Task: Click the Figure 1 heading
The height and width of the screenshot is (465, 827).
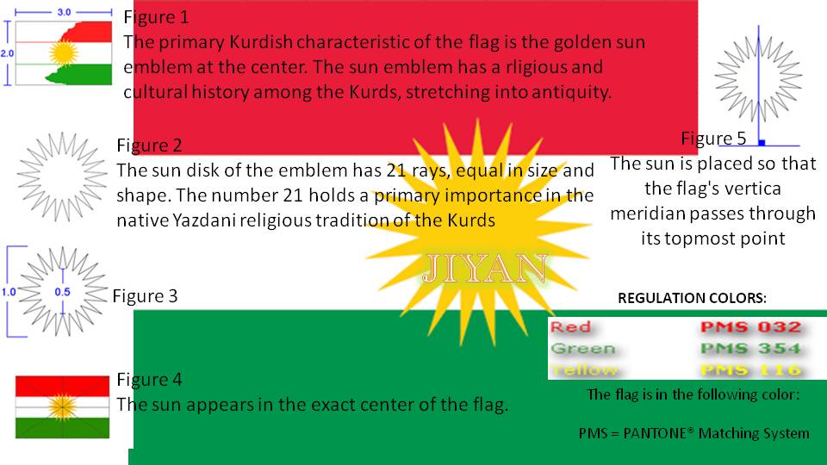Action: click(x=157, y=16)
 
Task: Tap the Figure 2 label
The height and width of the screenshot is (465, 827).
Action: click(x=149, y=145)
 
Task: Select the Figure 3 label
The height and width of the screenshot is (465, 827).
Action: click(x=145, y=296)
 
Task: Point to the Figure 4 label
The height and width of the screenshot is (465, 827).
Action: click(x=149, y=379)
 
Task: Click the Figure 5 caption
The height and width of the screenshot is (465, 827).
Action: click(x=713, y=138)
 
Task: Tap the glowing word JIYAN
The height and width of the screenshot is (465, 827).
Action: click(x=485, y=270)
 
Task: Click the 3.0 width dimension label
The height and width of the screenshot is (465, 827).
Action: click(x=64, y=13)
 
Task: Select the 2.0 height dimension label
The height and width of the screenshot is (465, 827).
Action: click(x=7, y=53)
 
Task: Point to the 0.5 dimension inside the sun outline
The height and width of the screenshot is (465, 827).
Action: click(x=63, y=292)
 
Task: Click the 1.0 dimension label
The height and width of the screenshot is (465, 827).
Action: click(x=8, y=292)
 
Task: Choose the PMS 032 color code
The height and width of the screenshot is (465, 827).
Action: click(x=750, y=327)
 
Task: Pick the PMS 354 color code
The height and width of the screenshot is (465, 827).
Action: click(x=750, y=349)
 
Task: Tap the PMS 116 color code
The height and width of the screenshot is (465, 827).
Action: click(x=750, y=370)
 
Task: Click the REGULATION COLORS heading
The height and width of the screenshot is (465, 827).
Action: click(x=692, y=299)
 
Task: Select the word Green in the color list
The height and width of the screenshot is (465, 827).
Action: click(x=583, y=349)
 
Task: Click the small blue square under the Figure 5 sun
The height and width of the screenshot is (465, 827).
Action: click(x=762, y=141)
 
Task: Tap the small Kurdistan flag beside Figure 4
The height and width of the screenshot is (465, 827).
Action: click(x=63, y=406)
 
